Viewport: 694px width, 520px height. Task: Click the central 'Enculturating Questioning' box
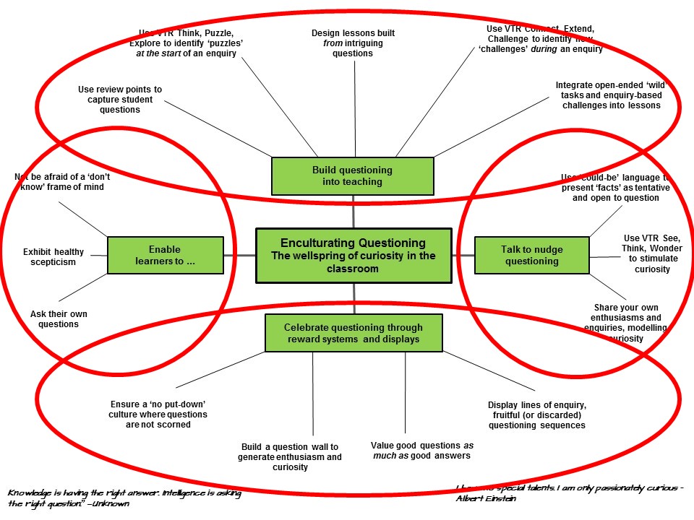(x=354, y=255)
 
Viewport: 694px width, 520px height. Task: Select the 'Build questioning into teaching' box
(x=352, y=175)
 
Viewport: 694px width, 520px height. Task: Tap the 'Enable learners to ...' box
(x=165, y=255)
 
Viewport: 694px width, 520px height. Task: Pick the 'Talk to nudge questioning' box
(x=531, y=255)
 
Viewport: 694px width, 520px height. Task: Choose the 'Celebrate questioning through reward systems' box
(x=354, y=333)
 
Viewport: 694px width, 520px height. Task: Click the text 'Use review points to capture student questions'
(x=120, y=100)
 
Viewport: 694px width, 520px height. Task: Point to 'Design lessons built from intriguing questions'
(x=353, y=43)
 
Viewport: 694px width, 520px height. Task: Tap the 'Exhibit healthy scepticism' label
(x=53, y=257)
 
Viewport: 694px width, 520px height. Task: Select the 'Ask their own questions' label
(x=54, y=319)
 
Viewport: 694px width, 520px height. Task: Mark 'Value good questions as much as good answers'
(x=421, y=451)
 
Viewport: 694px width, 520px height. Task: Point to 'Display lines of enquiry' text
(x=536, y=415)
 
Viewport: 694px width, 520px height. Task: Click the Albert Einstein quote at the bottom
(x=570, y=493)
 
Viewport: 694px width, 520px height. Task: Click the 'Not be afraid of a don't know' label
(x=59, y=181)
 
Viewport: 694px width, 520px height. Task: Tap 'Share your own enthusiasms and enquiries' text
(x=626, y=322)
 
